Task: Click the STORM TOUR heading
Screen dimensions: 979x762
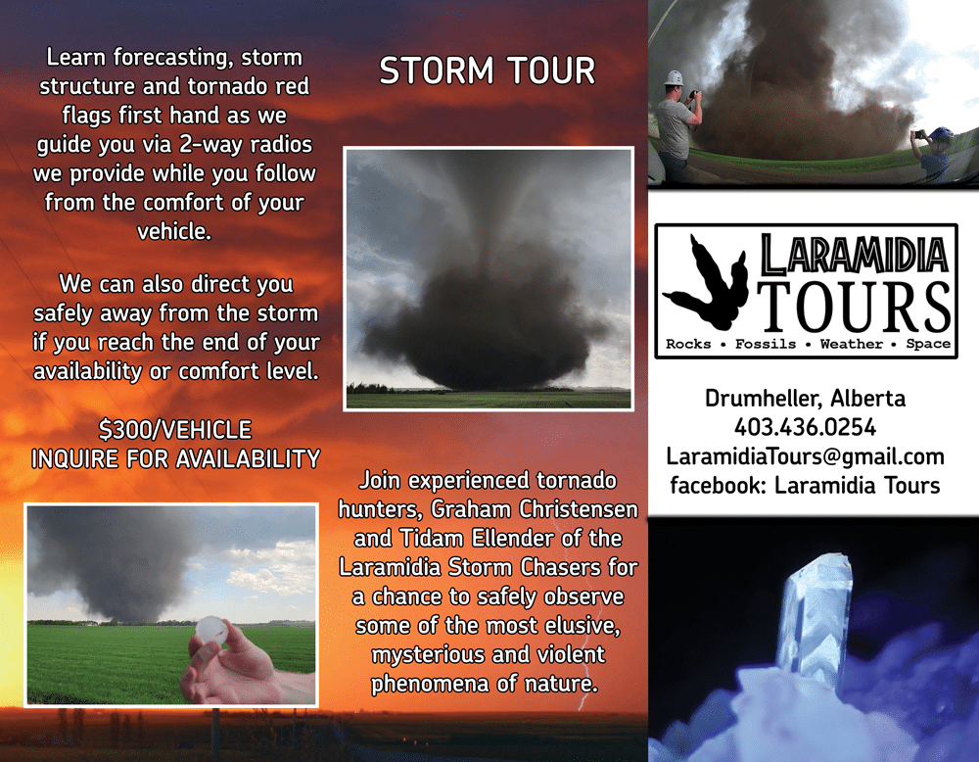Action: (x=487, y=70)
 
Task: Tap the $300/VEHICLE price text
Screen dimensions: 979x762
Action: (x=175, y=430)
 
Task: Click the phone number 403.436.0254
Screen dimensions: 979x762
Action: (x=805, y=427)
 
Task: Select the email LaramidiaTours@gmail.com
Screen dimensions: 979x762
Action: (x=805, y=456)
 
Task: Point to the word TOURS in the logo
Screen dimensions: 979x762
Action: (x=854, y=306)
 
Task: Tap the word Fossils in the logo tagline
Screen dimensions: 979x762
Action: (x=766, y=344)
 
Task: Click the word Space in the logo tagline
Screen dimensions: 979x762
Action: (x=928, y=344)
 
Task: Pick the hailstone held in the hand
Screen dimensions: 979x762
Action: (x=211, y=630)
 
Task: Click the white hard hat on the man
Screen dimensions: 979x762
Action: (x=674, y=77)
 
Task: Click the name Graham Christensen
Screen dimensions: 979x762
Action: (x=535, y=509)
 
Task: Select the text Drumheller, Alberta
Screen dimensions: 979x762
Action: (x=805, y=398)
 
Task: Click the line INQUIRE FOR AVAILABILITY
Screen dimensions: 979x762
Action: (x=175, y=459)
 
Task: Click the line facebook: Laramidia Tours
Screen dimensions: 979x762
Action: (x=805, y=485)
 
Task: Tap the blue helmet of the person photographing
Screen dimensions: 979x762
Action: (x=940, y=134)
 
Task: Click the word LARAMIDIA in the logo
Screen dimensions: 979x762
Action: (x=854, y=255)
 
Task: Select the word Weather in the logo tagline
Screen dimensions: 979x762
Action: (x=851, y=344)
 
